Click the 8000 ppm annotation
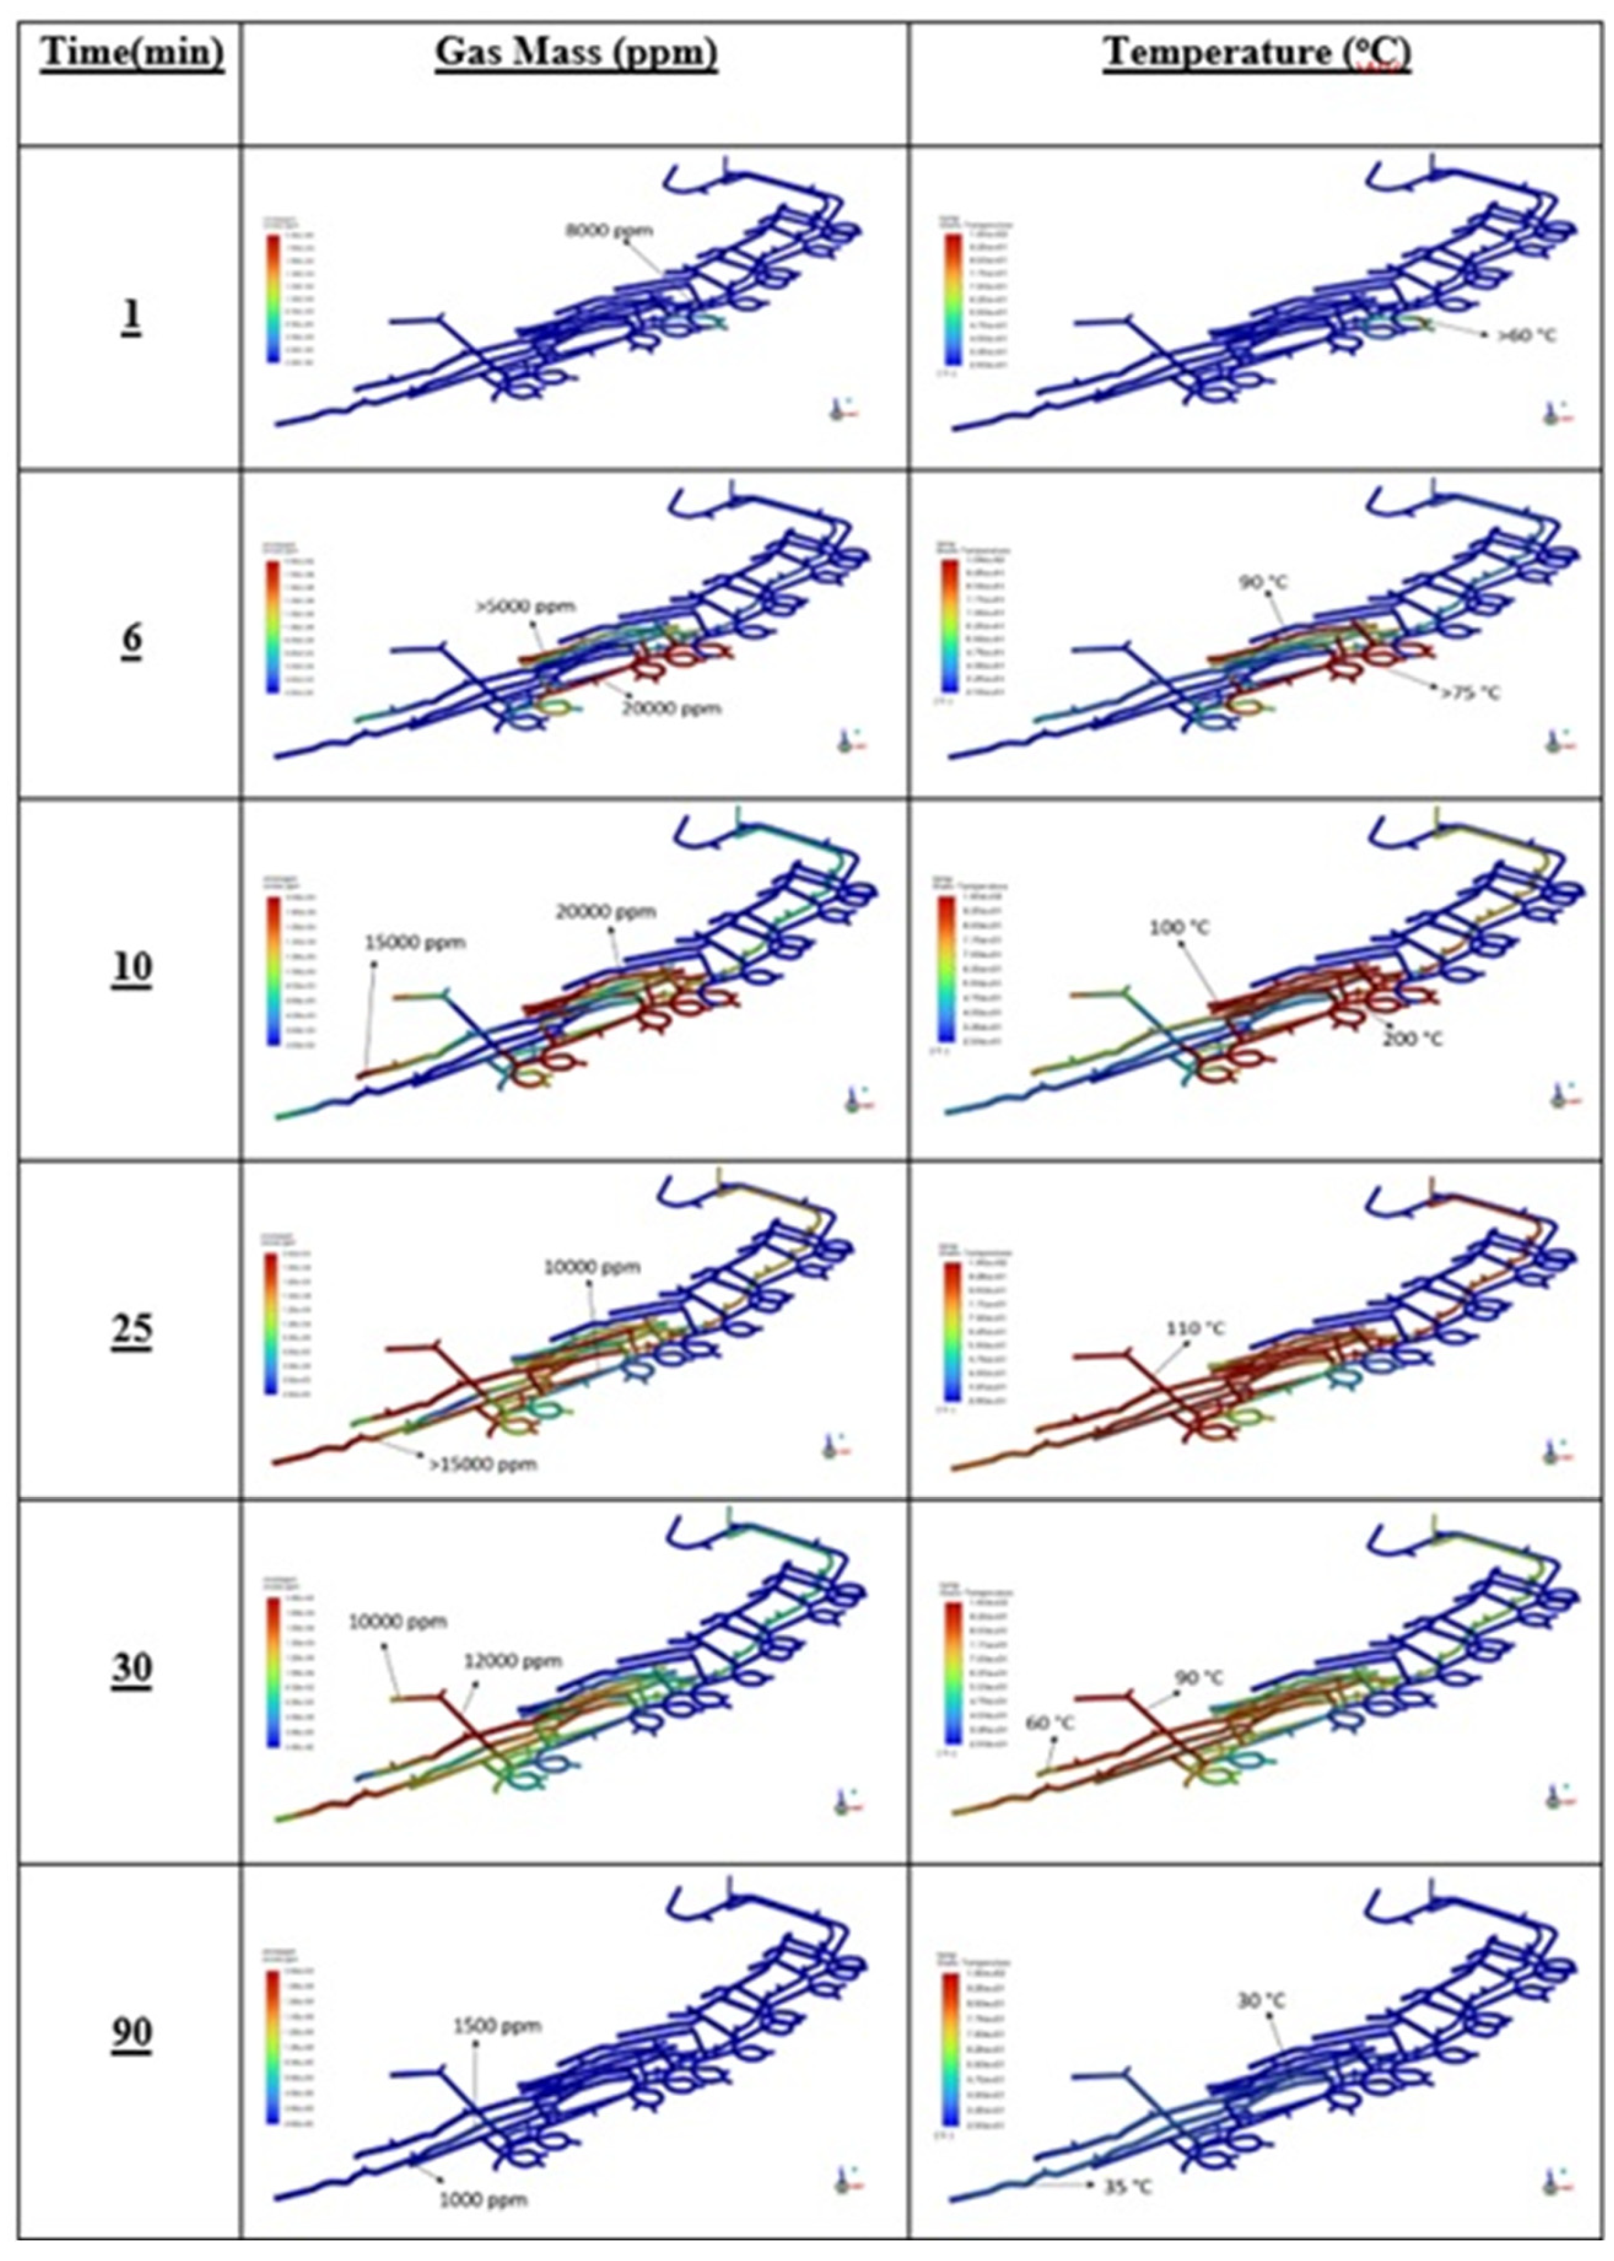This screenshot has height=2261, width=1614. pos(609,230)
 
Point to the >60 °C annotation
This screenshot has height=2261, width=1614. pos(1527,336)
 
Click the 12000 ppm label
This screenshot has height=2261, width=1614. pos(513,1661)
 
